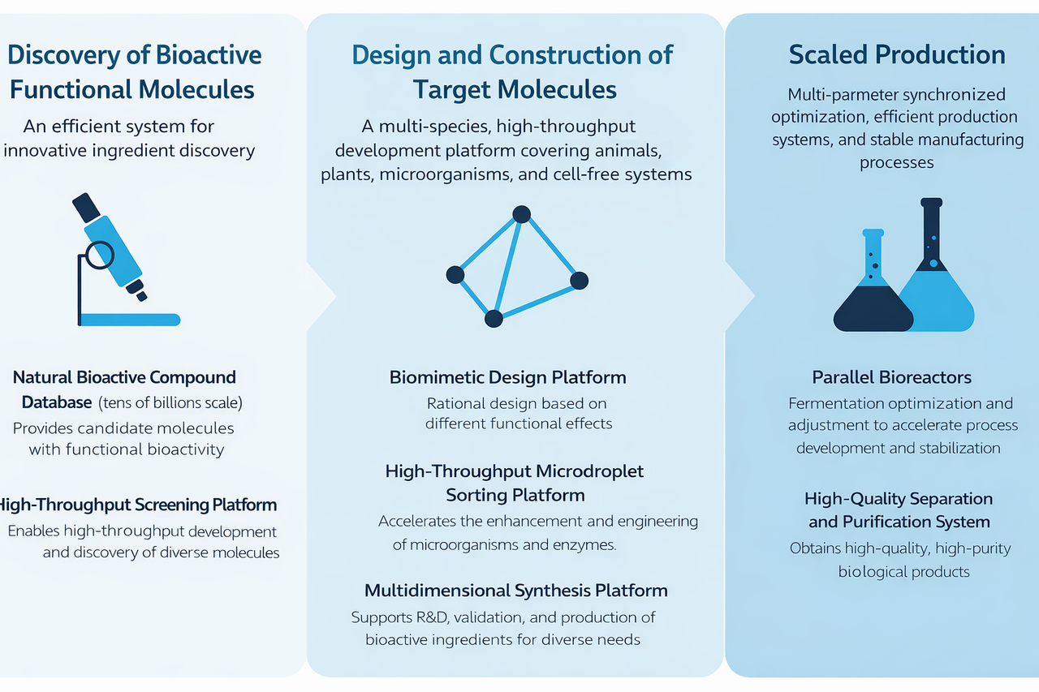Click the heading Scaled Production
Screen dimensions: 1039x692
click(x=897, y=54)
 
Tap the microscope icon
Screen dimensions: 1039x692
click(x=126, y=260)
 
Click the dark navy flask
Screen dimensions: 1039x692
click(x=873, y=281)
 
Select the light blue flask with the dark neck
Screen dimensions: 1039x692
click(x=937, y=265)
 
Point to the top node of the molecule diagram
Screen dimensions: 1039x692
click(x=521, y=215)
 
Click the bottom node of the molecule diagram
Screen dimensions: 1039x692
click(x=494, y=319)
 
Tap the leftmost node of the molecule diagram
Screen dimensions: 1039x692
click(x=455, y=275)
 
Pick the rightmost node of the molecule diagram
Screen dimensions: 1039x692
click(x=579, y=281)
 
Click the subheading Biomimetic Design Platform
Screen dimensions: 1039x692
click(x=507, y=377)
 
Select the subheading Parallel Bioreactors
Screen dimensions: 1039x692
click(x=891, y=377)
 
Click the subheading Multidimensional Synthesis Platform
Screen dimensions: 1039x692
click(x=515, y=591)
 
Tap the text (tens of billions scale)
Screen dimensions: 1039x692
click(x=170, y=402)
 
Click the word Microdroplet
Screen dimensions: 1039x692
click(x=589, y=471)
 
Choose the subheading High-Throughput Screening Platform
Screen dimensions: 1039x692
click(x=137, y=505)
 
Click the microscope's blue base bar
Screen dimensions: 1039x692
click(x=129, y=320)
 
